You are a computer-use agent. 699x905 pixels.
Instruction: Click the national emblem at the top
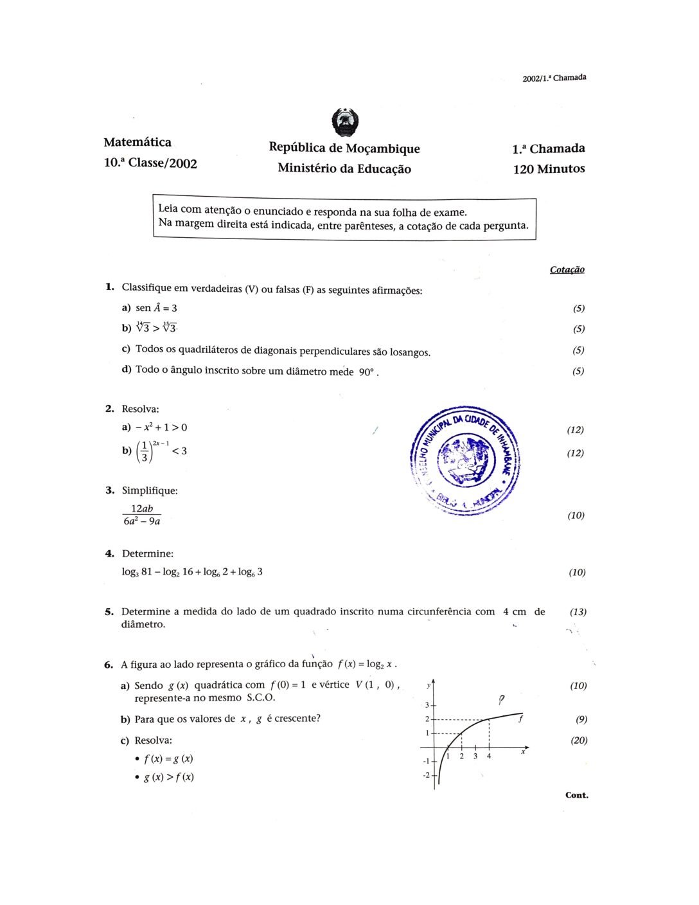344,122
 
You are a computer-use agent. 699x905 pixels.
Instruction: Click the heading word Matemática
137,142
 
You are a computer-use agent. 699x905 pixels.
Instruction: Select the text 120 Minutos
549,169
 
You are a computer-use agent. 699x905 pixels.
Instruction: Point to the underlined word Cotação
567,269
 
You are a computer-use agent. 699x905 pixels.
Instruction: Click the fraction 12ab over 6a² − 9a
142,515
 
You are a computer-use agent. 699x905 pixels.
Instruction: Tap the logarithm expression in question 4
192,571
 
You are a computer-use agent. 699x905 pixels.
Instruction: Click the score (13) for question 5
578,612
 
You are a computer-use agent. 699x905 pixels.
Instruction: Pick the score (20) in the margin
579,740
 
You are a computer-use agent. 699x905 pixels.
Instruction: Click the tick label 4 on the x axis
489,757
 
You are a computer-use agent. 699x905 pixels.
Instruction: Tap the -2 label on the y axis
426,775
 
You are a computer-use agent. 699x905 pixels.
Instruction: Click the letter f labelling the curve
520,719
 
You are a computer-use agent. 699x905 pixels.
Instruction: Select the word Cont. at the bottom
576,795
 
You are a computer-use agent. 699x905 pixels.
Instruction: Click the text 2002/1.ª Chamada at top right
554,78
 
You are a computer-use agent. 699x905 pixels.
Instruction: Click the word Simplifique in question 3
150,490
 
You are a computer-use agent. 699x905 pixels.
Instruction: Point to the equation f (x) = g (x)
168,758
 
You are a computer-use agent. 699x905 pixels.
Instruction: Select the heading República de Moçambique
344,148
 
